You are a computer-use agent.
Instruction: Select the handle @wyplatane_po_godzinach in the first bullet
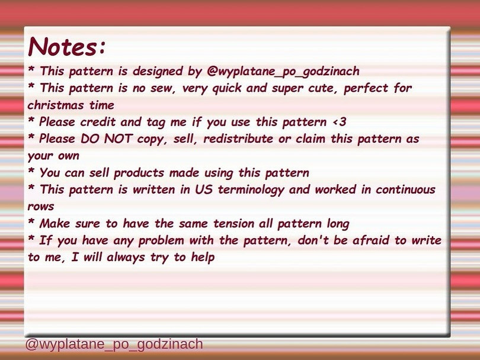(x=283, y=72)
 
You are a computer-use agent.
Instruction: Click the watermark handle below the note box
(x=114, y=344)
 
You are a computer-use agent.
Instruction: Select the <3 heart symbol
(x=340, y=122)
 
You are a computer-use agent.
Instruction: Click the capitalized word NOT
(x=118, y=139)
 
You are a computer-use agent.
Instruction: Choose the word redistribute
(x=238, y=139)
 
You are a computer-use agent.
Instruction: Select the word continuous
(x=405, y=189)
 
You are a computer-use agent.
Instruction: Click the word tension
(x=233, y=224)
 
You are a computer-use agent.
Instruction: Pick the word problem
(x=161, y=241)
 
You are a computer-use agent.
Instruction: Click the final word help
(x=203, y=258)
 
